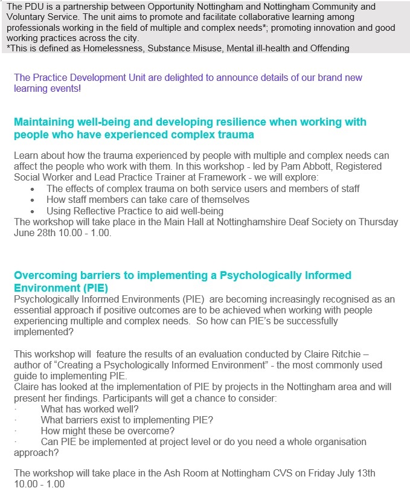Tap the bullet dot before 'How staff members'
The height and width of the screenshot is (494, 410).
pyautogui.click(x=32, y=199)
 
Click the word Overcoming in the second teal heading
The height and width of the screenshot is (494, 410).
pyautogui.click(x=45, y=275)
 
